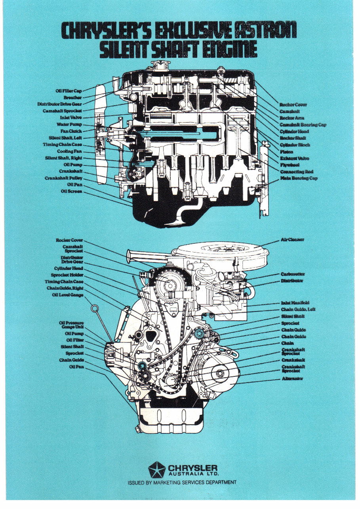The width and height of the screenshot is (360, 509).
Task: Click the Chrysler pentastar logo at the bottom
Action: [156, 469]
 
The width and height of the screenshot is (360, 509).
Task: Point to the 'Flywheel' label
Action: [290, 165]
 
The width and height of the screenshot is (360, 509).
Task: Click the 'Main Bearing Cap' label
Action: [299, 178]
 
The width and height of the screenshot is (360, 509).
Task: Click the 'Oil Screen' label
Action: [72, 192]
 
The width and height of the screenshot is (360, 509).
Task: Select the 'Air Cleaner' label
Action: [293, 239]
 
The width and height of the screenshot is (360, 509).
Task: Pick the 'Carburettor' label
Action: [293, 274]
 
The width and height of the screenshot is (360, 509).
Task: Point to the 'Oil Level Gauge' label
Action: [68, 294]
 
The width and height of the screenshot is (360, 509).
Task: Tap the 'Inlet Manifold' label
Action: [295, 303]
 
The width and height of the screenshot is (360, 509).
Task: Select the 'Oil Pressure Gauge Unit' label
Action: [71, 325]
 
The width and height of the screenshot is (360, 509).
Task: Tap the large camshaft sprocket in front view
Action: [166, 283]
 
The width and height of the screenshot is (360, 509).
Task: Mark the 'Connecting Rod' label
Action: [297, 172]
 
